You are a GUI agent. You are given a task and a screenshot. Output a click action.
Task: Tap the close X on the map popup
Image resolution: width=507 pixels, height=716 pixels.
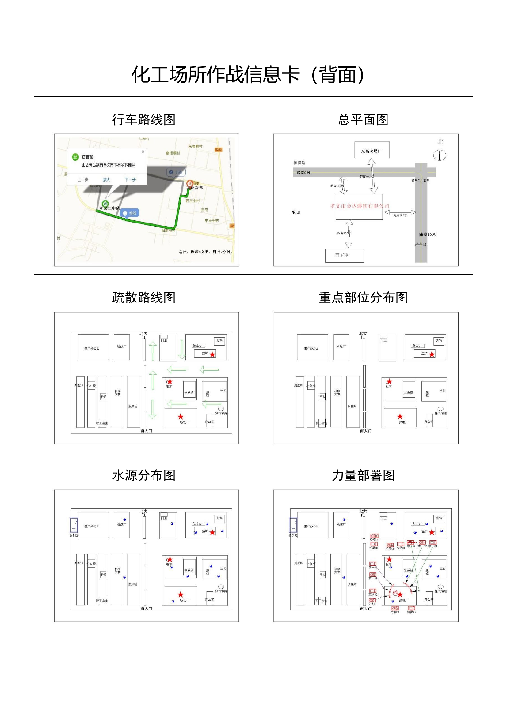(143, 152)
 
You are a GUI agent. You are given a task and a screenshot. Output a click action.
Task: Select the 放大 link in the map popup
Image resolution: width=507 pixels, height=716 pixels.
(106, 180)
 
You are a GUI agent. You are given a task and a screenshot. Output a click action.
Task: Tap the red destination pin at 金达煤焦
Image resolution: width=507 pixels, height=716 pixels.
(189, 184)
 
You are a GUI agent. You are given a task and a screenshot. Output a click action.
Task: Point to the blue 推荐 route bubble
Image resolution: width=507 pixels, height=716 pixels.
(130, 213)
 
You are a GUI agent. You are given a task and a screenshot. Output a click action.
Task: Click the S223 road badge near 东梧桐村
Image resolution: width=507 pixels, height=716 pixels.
(218, 150)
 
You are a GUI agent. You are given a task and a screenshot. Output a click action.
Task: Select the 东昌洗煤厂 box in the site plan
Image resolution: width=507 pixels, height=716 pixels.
(372, 150)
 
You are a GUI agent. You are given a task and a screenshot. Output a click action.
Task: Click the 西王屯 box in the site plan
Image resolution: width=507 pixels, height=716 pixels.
(344, 255)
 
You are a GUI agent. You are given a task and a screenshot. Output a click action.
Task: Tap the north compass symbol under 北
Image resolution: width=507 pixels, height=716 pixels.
(440, 155)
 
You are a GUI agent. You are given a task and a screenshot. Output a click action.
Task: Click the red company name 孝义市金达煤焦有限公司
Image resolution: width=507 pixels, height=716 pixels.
(359, 206)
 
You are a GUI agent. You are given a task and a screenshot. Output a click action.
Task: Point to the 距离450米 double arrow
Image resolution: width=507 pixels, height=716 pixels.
(349, 233)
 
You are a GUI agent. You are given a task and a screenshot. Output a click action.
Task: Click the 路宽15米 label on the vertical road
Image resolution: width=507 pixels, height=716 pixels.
(427, 234)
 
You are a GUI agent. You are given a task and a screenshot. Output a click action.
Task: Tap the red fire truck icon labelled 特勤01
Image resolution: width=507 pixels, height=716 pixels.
(395, 608)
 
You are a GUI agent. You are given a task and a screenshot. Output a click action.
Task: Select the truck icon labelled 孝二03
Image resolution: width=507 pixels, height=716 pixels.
(411, 542)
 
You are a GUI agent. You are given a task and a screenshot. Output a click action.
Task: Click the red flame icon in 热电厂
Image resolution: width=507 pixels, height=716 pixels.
(395, 593)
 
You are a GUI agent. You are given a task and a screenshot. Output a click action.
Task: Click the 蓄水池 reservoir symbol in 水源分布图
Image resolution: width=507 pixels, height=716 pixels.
(74, 525)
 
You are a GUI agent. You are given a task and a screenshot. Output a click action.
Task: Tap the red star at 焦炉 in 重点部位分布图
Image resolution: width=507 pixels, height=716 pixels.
(432, 354)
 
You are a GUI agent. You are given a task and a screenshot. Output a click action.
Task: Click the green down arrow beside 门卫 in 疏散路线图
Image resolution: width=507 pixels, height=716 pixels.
(182, 349)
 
